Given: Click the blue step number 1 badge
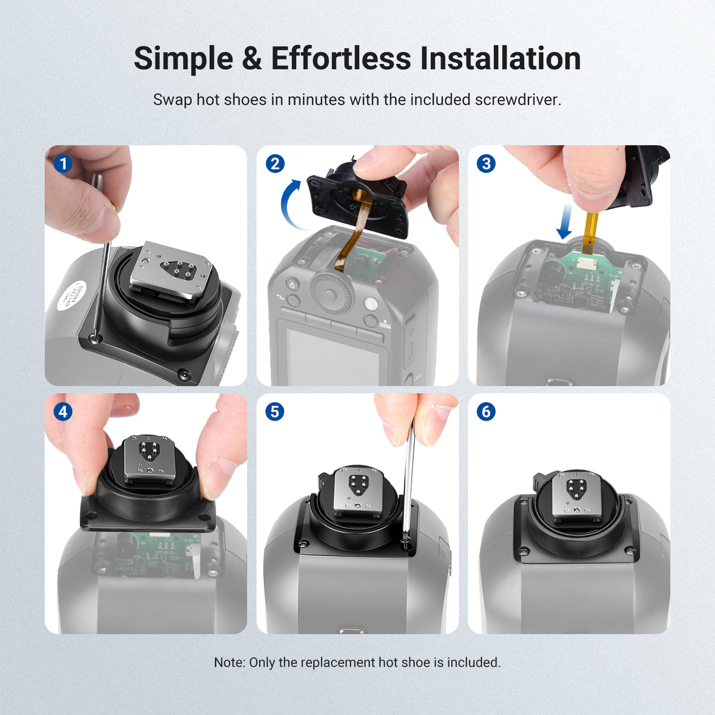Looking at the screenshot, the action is [x=63, y=164].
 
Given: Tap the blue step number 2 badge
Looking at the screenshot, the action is [x=275, y=164].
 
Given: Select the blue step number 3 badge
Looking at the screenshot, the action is [x=486, y=164].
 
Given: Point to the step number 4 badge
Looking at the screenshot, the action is [x=63, y=412].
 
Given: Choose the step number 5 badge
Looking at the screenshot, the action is [x=275, y=412].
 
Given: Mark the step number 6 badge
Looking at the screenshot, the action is [x=486, y=412].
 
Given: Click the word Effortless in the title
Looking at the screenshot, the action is [x=341, y=58].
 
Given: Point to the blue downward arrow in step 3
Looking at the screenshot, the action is [x=564, y=221].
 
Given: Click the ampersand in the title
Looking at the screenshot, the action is [x=252, y=58].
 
